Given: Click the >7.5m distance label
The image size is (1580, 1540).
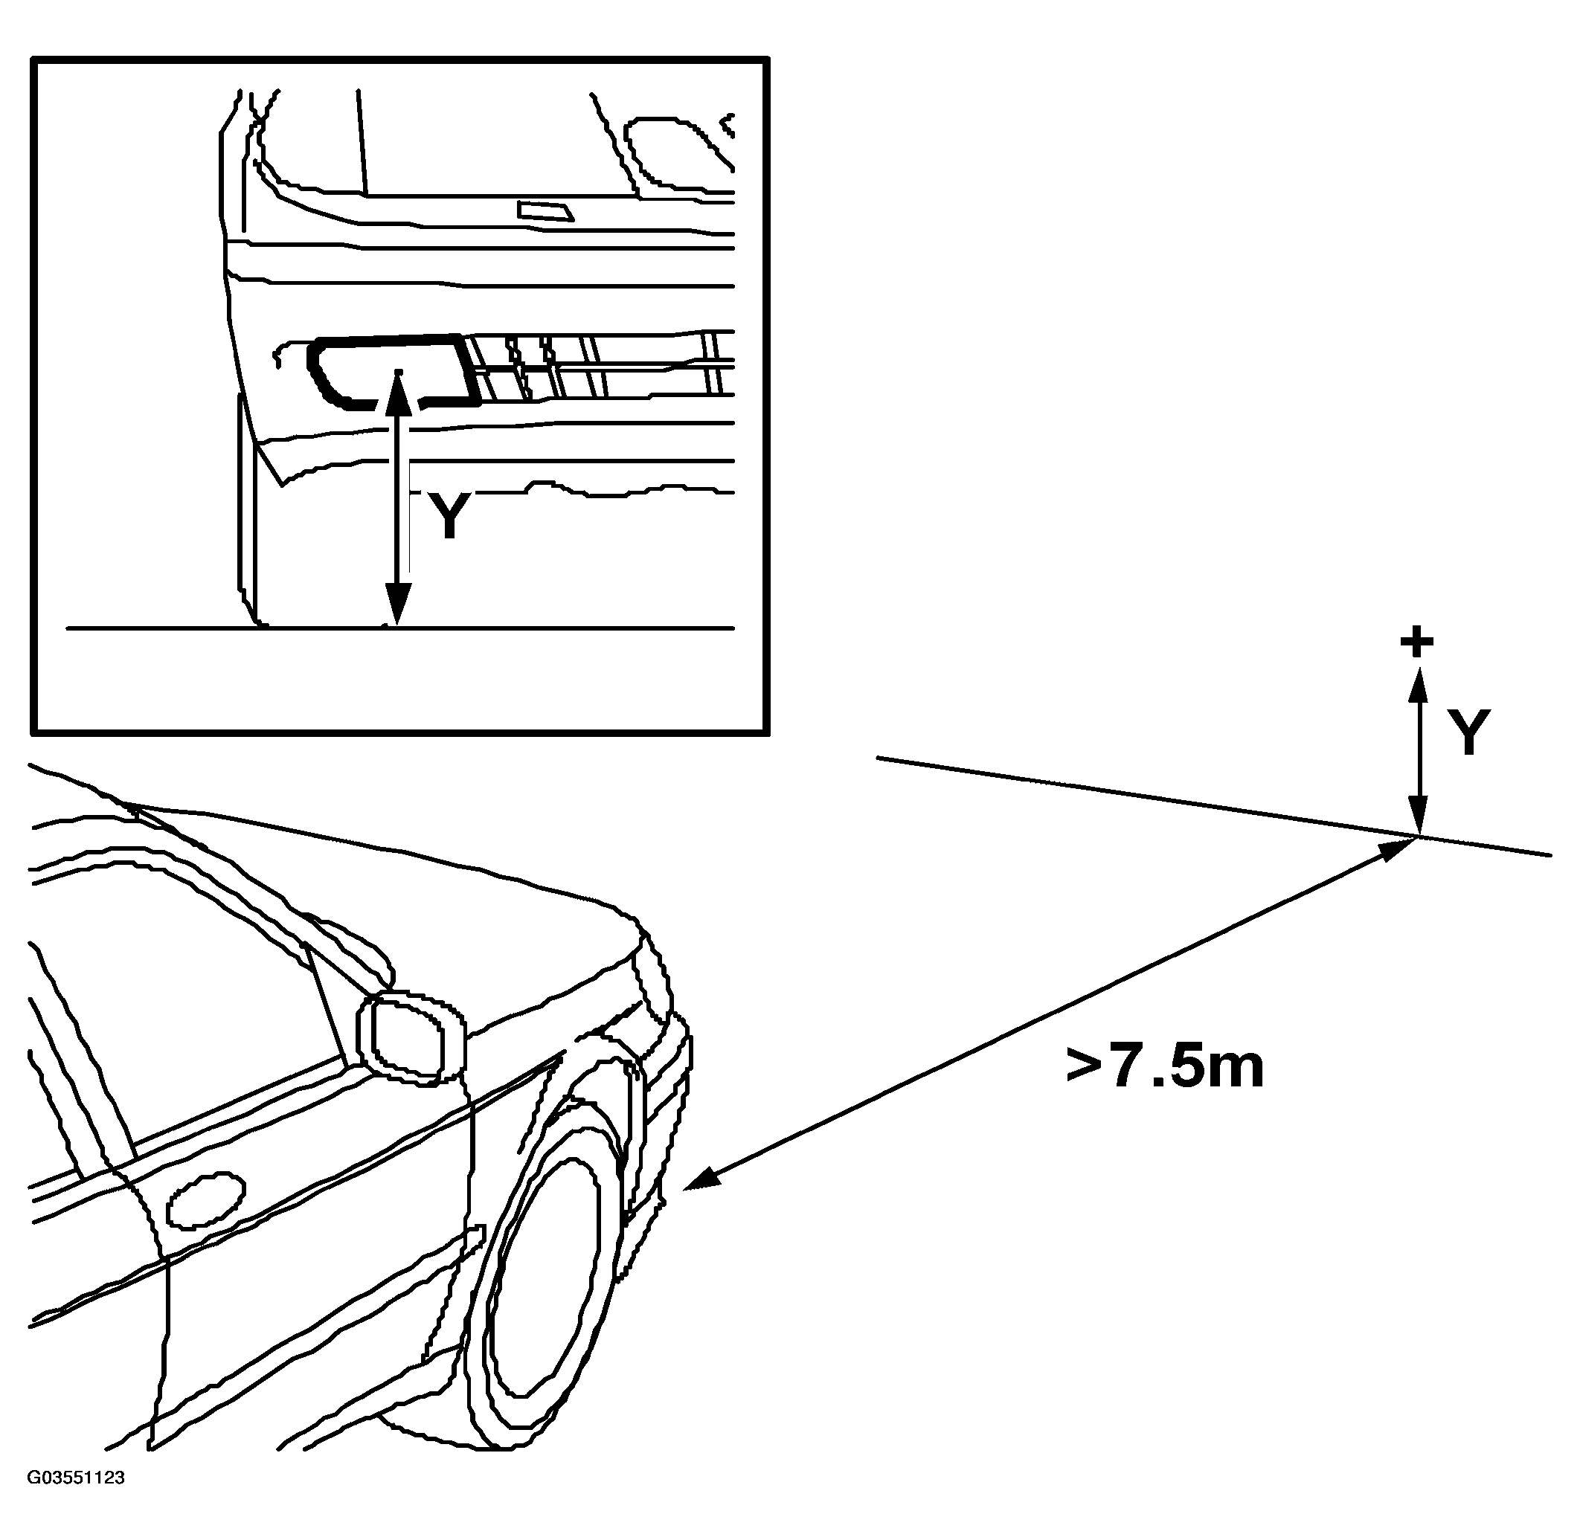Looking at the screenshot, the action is click(1164, 1068).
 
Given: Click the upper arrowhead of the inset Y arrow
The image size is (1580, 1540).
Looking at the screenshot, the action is click(397, 393).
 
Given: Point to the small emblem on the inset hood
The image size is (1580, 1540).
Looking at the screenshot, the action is click(545, 211).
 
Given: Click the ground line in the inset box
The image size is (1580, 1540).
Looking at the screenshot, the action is click(400, 628).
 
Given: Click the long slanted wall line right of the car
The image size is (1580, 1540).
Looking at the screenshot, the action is click(1213, 805).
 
